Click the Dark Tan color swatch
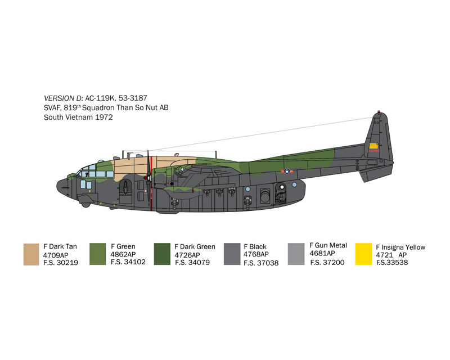[31, 254]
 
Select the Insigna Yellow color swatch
[363, 254]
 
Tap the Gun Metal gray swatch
[296, 254]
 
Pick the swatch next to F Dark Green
[162, 254]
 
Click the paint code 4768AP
[256, 254]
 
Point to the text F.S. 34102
[128, 262]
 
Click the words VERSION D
[64, 98]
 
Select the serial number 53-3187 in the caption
[133, 98]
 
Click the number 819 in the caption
[70, 108]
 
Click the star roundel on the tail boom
[287, 172]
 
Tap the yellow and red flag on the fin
[373, 146]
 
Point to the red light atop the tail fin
[379, 111]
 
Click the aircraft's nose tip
[57, 186]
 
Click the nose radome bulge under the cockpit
[85, 205]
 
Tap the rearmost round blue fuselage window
[294, 184]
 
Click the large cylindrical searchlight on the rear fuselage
[265, 196]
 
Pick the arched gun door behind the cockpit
[125, 192]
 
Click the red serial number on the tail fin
[373, 151]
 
